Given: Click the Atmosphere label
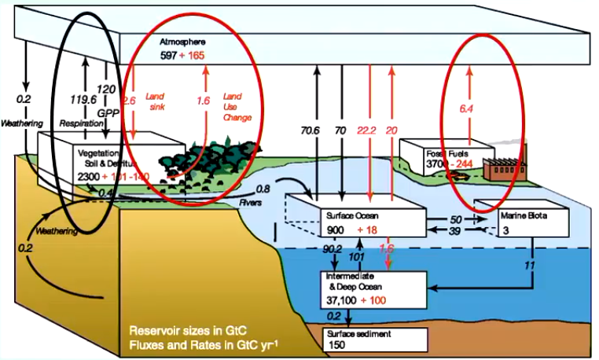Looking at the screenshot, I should coord(179,39).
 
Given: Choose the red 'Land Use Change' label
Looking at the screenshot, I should coord(237,105).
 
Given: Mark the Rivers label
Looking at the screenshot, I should coord(251,200).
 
